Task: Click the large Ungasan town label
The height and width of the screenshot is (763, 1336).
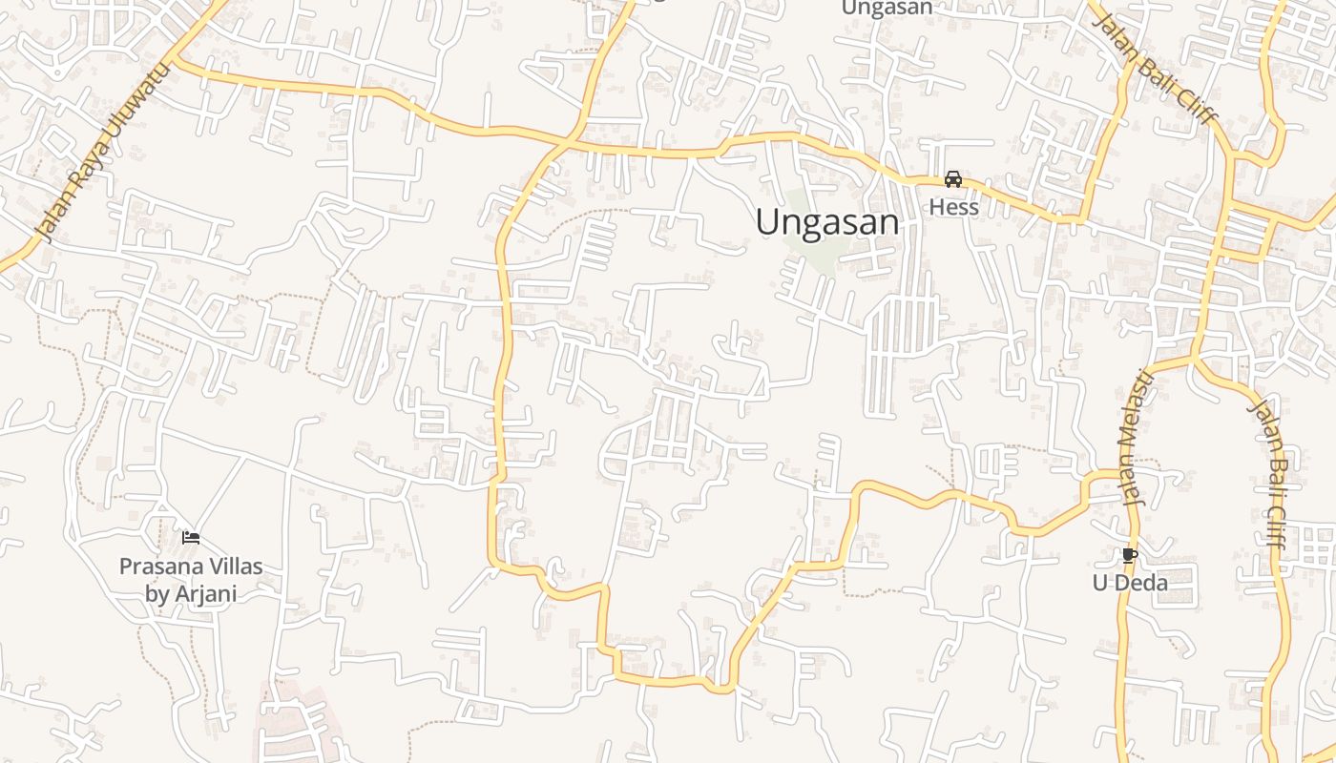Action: pos(826,222)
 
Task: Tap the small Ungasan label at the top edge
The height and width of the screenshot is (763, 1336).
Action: pos(887,8)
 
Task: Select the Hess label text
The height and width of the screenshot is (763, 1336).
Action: pos(953,207)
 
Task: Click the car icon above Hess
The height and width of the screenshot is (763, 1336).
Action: pos(953,179)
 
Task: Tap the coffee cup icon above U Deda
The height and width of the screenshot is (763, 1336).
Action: pos(1130,555)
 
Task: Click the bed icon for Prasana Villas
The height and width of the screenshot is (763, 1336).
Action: pos(191,538)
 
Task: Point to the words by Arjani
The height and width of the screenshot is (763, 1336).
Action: pos(191,593)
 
